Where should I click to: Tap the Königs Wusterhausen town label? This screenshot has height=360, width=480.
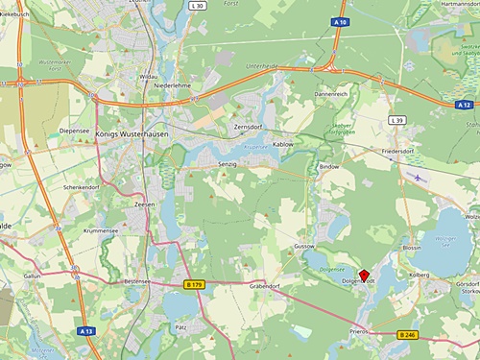point(135,134)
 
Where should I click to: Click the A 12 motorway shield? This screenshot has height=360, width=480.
point(465,104)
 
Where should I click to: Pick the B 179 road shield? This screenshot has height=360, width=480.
point(193,285)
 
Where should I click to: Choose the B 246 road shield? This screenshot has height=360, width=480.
point(407,334)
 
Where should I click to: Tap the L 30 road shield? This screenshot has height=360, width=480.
point(198,7)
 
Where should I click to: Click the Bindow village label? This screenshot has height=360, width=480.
point(329,166)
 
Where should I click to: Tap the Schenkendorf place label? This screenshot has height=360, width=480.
point(83,187)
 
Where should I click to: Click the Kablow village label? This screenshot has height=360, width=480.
point(283,144)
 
